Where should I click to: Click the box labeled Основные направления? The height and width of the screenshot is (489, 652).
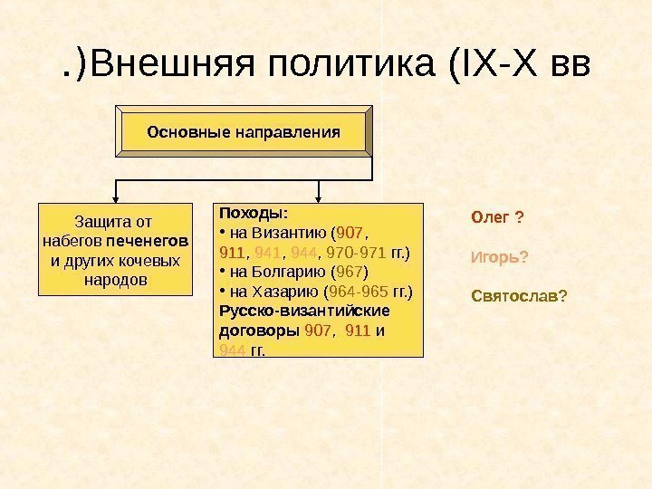coord(244,132)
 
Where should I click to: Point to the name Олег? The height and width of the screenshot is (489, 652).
coord(490,218)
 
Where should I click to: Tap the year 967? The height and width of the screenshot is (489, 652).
coord(349,273)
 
